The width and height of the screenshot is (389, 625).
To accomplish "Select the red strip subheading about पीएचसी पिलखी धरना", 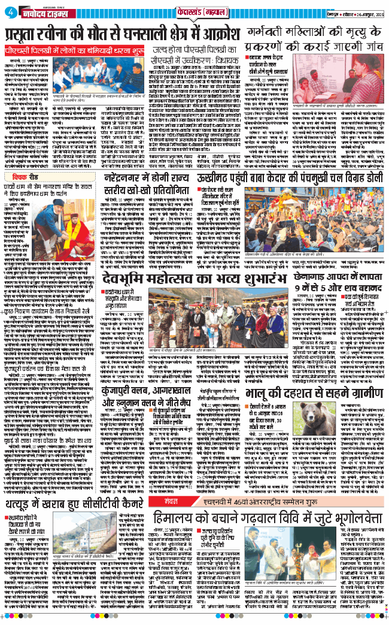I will click(62, 50).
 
